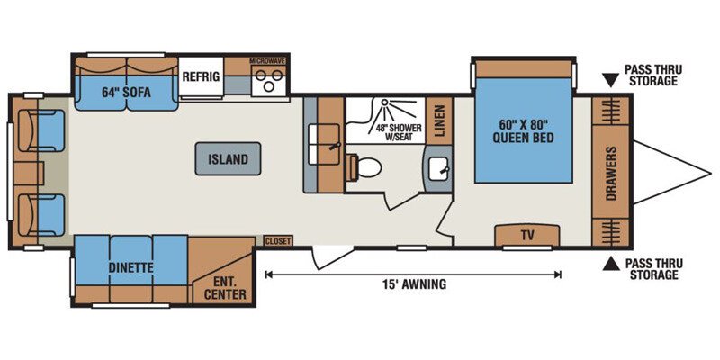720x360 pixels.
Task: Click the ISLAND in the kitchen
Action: click(228, 159)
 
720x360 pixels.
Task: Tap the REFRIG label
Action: click(201, 76)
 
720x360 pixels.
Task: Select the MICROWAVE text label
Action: click(267, 60)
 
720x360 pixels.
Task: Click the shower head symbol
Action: click(385, 103)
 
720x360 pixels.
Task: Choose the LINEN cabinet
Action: click(439, 121)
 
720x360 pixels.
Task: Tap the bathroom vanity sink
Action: click(439, 169)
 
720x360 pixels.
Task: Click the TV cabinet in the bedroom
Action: click(527, 236)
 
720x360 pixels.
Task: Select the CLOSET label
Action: click(278, 240)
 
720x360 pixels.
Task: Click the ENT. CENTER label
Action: click(224, 287)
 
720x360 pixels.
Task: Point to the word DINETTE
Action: click(130, 267)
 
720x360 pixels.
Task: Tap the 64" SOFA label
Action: click(126, 93)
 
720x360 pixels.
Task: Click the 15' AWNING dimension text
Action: click(414, 283)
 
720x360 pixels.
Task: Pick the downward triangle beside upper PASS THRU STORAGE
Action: click(611, 81)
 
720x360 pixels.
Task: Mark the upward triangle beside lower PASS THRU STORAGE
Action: click(611, 264)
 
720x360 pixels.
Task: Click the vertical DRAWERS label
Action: click(610, 174)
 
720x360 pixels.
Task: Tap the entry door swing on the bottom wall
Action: click(331, 257)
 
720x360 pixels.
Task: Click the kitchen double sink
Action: click(324, 144)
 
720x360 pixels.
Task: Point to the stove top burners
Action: click(269, 80)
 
